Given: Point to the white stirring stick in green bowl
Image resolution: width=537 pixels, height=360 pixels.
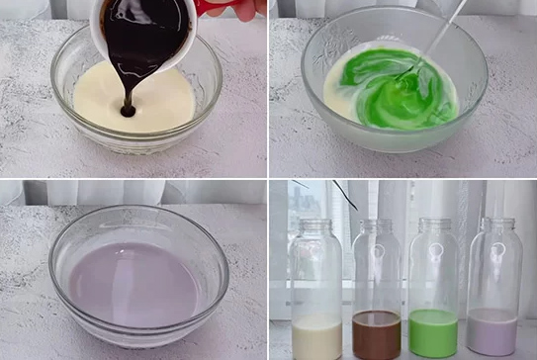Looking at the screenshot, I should coord(435,40).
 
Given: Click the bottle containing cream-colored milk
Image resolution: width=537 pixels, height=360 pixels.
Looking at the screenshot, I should coord(315,287).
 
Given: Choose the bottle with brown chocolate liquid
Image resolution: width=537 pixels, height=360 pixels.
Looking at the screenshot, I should coord(376,287).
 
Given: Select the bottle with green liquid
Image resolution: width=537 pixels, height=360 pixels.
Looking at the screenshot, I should coord(433,287).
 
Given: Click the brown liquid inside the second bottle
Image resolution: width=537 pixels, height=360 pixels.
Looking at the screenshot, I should coord(377,334).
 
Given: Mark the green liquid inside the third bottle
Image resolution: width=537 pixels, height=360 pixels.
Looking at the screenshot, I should coord(433,334).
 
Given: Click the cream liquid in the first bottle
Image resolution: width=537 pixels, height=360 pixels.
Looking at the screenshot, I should coord(316,336).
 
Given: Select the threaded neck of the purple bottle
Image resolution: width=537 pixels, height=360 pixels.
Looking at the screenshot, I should coord(497,227).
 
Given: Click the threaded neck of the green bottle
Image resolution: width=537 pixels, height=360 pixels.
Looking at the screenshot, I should coord(435,227).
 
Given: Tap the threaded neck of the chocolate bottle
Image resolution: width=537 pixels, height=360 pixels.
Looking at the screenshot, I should coord(376,227).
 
